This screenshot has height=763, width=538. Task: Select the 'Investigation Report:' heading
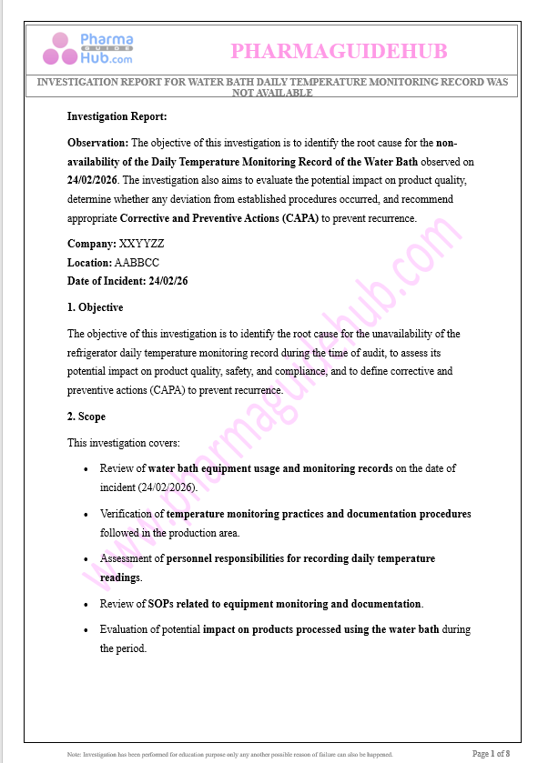[x=117, y=116]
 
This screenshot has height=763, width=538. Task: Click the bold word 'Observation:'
[x=98, y=143]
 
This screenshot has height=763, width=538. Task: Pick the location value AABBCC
[x=137, y=263]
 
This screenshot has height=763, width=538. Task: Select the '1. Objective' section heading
[x=95, y=307]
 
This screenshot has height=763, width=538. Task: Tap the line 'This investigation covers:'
[x=123, y=443]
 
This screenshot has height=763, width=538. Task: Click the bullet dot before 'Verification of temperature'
[x=86, y=515]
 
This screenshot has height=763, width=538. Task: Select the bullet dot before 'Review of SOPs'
[x=86, y=604]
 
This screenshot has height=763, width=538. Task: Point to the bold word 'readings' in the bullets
[x=119, y=577]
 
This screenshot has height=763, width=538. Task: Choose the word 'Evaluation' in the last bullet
[x=126, y=629]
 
